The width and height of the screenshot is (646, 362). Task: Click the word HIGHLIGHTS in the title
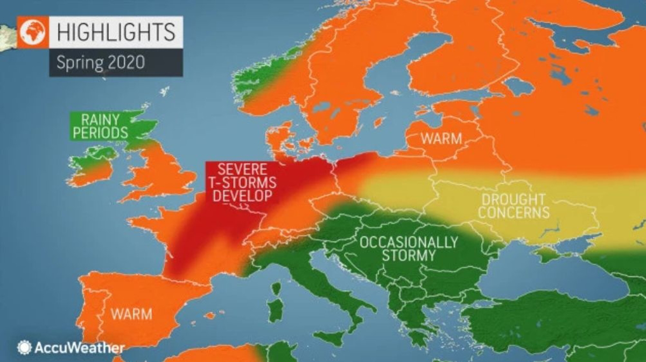coord(116,32)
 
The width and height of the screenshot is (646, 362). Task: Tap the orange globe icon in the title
coord(34,32)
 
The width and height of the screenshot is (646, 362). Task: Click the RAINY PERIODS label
coord(100,126)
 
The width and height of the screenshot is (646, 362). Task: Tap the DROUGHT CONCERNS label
coord(514,206)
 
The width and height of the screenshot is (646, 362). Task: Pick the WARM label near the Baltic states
coord(441,138)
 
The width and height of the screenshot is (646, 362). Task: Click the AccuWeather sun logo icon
coord(24,347)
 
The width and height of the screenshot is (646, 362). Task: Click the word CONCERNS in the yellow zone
coord(514,213)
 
